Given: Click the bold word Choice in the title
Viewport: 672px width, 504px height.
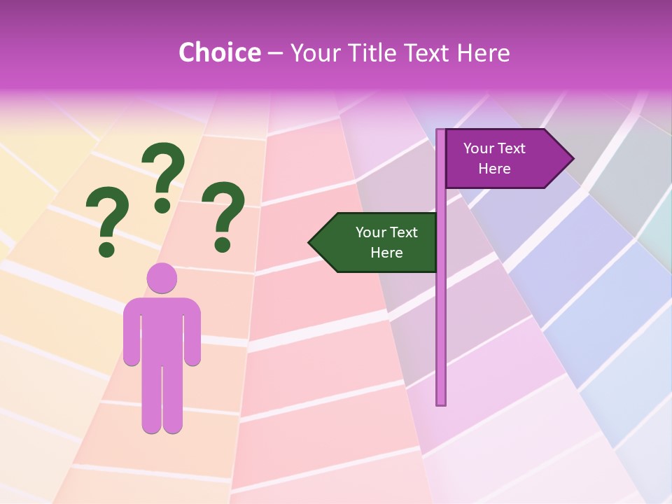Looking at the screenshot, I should pos(219,53).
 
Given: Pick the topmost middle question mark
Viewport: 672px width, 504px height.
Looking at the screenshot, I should pos(163,175).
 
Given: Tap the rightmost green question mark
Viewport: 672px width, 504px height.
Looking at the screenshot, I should pos(223,214).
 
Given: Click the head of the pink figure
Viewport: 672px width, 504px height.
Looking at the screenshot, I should pos(162,278).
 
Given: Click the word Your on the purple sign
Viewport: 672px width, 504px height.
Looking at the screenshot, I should pos(478,148).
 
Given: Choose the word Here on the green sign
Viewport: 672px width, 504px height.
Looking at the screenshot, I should pos(386,253).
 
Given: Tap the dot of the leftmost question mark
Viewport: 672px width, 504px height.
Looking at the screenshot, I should pos(106,248).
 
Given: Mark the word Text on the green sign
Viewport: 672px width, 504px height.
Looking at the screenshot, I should pos(403,232).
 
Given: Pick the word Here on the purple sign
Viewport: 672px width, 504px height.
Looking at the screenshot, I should pos(494,169).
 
